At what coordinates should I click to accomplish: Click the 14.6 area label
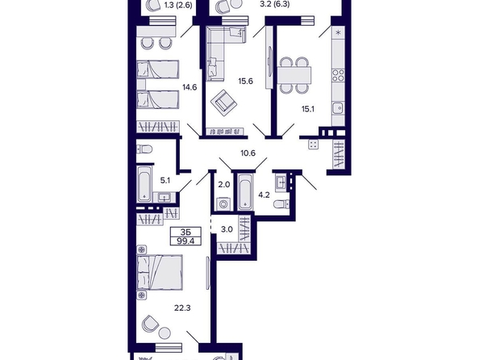pos(190,87)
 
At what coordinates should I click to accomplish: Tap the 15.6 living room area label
pos(246,82)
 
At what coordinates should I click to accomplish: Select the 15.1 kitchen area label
pos(308,109)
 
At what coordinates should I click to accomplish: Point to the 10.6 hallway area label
pos(248,153)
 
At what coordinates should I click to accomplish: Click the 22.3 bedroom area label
pos(182,308)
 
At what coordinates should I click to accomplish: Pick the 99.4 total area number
pos(185,241)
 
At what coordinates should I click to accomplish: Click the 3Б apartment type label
pos(185,232)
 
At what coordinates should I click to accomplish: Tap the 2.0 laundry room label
pos(223,185)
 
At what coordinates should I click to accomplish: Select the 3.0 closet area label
pos(227,229)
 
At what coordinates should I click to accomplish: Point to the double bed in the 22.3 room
pos(160,272)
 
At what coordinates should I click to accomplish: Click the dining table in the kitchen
pos(294,75)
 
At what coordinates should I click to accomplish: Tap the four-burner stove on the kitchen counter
pos(338,75)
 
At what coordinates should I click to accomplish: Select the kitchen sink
pos(338,108)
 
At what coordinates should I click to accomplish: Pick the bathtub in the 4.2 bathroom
pos(245,192)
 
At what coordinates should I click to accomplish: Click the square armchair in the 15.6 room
pos(223,103)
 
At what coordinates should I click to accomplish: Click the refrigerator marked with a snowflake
pos(338,33)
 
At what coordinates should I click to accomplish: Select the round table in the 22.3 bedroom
pos(165,333)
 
